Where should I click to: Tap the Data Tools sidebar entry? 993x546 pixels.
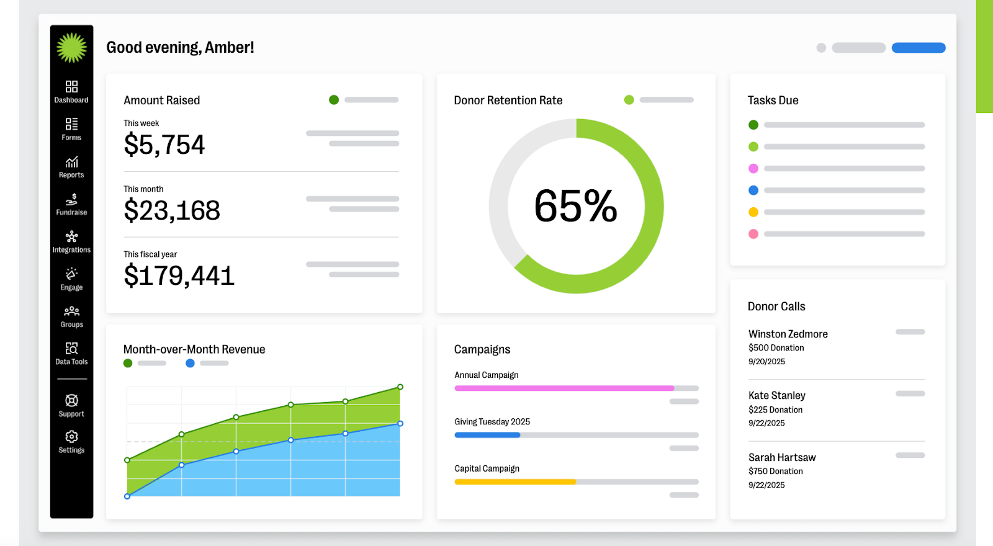pos(71,354)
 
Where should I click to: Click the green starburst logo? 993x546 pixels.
pos(71,48)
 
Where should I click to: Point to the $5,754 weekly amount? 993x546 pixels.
pos(164,145)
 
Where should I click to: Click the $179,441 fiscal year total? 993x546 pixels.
pos(179,276)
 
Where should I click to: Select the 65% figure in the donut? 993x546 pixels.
pos(576,206)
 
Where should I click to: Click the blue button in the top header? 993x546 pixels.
pos(919,48)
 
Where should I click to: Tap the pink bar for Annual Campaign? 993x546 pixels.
pos(564,388)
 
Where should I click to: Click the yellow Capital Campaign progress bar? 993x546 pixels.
pos(515,482)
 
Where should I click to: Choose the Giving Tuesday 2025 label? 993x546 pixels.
pos(492,422)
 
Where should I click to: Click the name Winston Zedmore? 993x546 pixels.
pos(788,334)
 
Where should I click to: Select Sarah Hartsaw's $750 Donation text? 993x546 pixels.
pos(776,472)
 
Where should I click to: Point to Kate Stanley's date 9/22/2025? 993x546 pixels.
pos(766,423)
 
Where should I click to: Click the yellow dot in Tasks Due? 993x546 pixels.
pos(753,212)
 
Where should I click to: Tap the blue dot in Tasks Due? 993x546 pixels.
pos(753,190)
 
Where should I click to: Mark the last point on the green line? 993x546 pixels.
pos(400,387)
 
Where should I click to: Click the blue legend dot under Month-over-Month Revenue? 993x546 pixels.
pos(190,363)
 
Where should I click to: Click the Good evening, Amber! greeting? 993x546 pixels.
pos(180,48)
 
